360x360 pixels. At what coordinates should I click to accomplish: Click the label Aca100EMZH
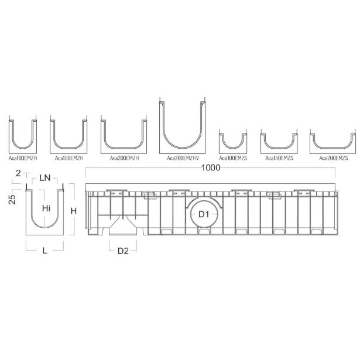pos(23,158)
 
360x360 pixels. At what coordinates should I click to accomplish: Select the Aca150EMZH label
pos(68,158)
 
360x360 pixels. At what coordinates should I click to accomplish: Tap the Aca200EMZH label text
pos(124,158)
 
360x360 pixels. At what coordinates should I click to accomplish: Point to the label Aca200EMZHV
pos(183,158)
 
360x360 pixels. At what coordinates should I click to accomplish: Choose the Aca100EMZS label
pos(233,158)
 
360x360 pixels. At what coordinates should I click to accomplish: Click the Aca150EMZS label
pos(279,158)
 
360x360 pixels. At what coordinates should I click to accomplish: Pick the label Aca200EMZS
pos(334,158)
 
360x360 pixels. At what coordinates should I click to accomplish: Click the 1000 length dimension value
pos(211,168)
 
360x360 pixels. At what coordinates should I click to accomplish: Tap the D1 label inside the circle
pos(204,214)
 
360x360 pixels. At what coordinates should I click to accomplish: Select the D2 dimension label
pos(123,251)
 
